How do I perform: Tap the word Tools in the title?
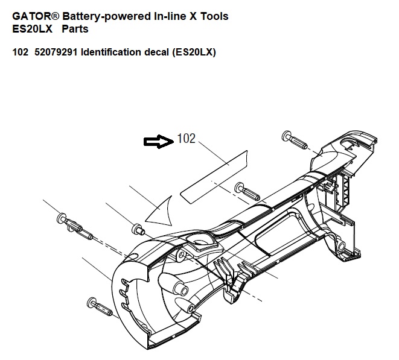coord(215,16)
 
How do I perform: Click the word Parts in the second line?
coord(75,29)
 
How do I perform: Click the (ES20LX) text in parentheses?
coord(194,52)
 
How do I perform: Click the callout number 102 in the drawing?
coord(187,139)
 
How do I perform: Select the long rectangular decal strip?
coord(217,175)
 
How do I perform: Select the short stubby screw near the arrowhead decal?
coord(139,229)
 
